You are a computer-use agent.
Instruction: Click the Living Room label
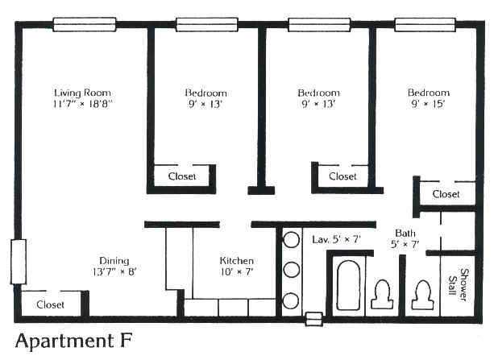82,93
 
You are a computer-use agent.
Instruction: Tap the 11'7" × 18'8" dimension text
82,104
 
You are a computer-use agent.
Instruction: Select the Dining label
114,261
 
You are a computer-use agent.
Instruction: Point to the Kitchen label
237,261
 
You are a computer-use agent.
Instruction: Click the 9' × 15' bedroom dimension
428,104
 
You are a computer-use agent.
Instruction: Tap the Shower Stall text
459,285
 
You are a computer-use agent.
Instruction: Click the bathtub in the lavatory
348,285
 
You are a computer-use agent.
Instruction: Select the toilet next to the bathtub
382,295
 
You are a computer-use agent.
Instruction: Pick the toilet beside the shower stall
422,295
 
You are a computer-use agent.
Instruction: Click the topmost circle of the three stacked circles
291,239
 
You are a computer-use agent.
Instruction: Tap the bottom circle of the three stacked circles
290,300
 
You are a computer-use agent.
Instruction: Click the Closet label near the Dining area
50,304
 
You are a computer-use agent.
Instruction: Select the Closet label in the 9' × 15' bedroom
446,194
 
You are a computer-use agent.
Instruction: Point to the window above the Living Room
85,25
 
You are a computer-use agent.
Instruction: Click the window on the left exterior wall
19,262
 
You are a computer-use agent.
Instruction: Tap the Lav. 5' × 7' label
336,239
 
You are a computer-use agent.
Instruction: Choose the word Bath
405,234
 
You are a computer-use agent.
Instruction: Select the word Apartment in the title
64,341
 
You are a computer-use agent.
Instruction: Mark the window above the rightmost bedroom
425,25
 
